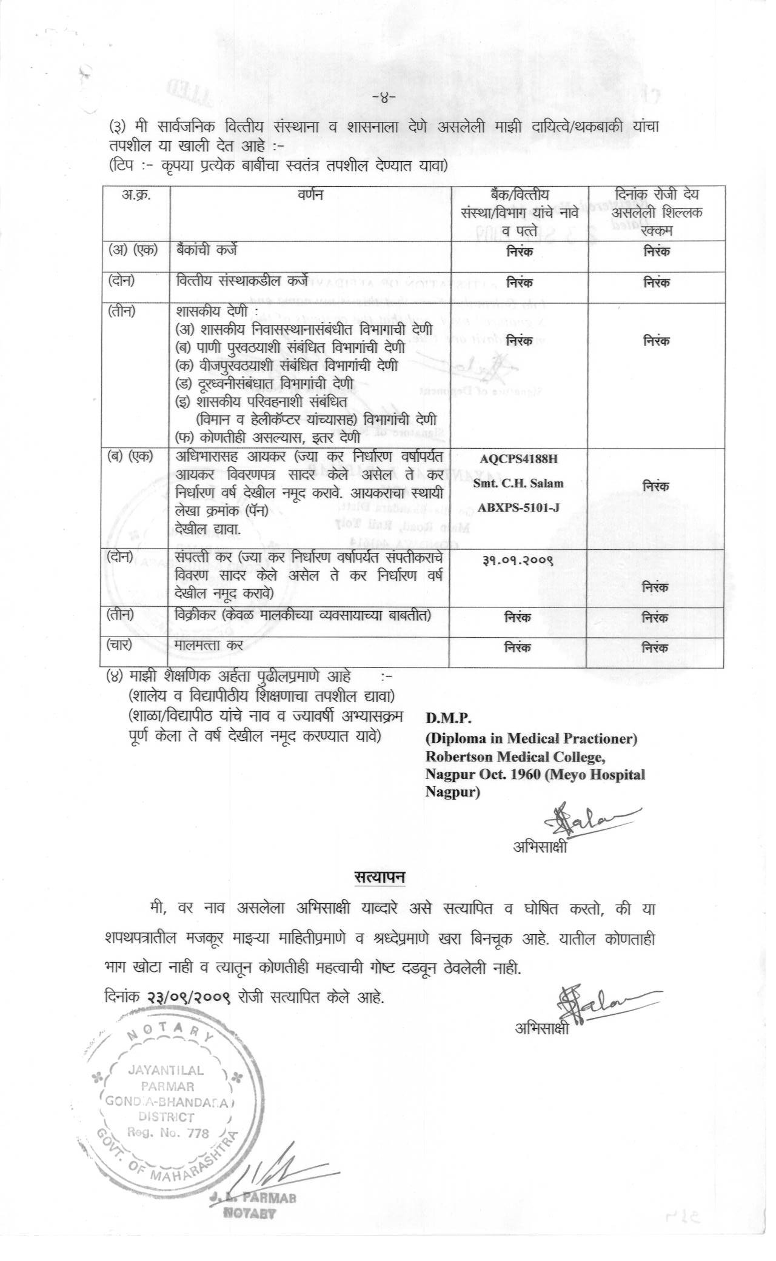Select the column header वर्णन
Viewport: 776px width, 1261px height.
[310, 195]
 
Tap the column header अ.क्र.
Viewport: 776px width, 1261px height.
[136, 195]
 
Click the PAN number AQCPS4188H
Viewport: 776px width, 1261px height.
[518, 458]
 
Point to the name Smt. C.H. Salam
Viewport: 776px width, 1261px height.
[518, 483]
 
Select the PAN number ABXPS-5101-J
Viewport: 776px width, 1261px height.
[518, 507]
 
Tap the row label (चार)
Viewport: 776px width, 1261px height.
[120, 644]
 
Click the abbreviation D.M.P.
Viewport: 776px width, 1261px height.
[448, 718]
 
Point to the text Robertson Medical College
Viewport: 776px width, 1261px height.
[515, 757]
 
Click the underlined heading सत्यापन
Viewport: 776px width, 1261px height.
[380, 877]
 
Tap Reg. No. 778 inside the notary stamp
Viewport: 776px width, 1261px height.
[168, 1132]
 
